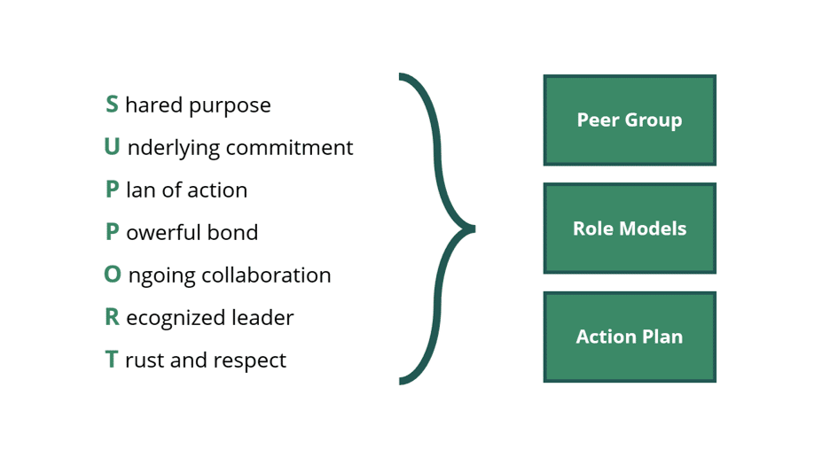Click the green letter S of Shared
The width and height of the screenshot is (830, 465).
tap(112, 105)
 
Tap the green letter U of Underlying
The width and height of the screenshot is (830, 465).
tap(112, 146)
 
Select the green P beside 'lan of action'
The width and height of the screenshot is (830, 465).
tap(112, 190)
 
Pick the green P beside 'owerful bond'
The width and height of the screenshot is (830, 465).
tap(112, 232)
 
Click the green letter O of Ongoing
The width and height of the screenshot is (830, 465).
tap(113, 274)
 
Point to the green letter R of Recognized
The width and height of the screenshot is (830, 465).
tap(113, 317)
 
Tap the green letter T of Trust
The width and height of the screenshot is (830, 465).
tap(111, 360)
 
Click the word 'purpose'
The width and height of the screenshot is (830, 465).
tap(230, 106)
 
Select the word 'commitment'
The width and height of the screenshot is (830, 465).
tap(289, 148)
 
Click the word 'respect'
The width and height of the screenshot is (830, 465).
tap(249, 360)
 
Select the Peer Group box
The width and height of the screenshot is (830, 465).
tap(630, 120)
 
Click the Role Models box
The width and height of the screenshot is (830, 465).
tap(630, 229)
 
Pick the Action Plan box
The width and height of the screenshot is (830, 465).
tap(630, 337)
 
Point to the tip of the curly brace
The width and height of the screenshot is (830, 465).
tap(474, 229)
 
